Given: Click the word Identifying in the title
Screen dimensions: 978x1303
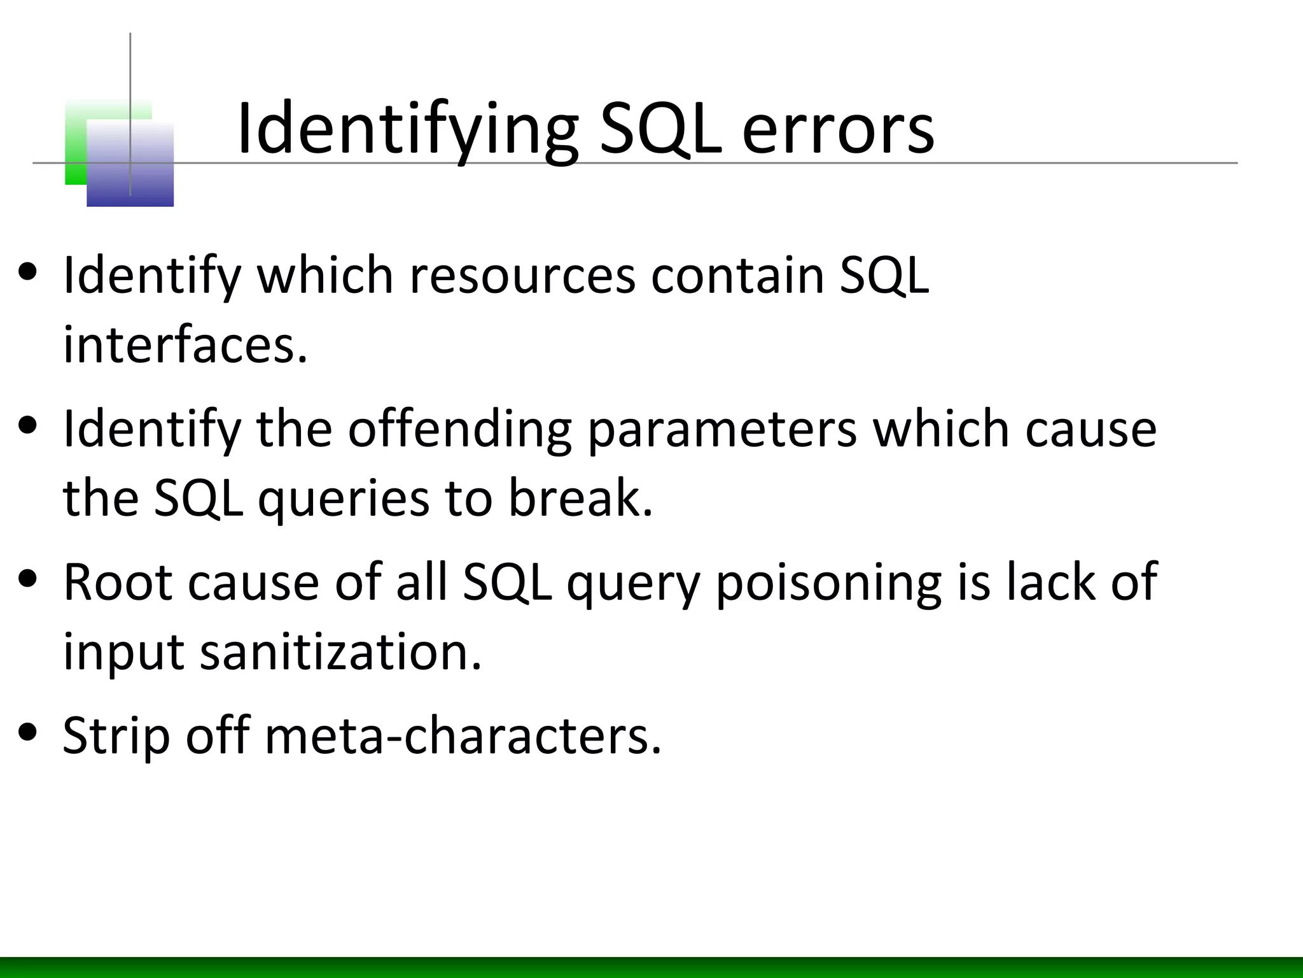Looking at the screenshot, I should (407, 131).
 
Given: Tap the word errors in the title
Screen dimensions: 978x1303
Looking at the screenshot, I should (838, 131).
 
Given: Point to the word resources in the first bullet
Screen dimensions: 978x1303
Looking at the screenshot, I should (522, 276).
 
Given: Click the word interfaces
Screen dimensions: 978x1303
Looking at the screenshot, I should (185, 345).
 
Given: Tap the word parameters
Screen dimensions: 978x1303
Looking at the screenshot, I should (721, 429).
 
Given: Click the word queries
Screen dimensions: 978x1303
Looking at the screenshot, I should (344, 499).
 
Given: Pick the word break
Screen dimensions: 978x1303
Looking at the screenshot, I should (580, 499).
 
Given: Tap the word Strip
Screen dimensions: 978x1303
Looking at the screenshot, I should (116, 736).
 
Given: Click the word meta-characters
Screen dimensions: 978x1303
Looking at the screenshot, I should (463, 736).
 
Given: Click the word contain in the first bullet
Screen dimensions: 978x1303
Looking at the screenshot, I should (737, 276).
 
